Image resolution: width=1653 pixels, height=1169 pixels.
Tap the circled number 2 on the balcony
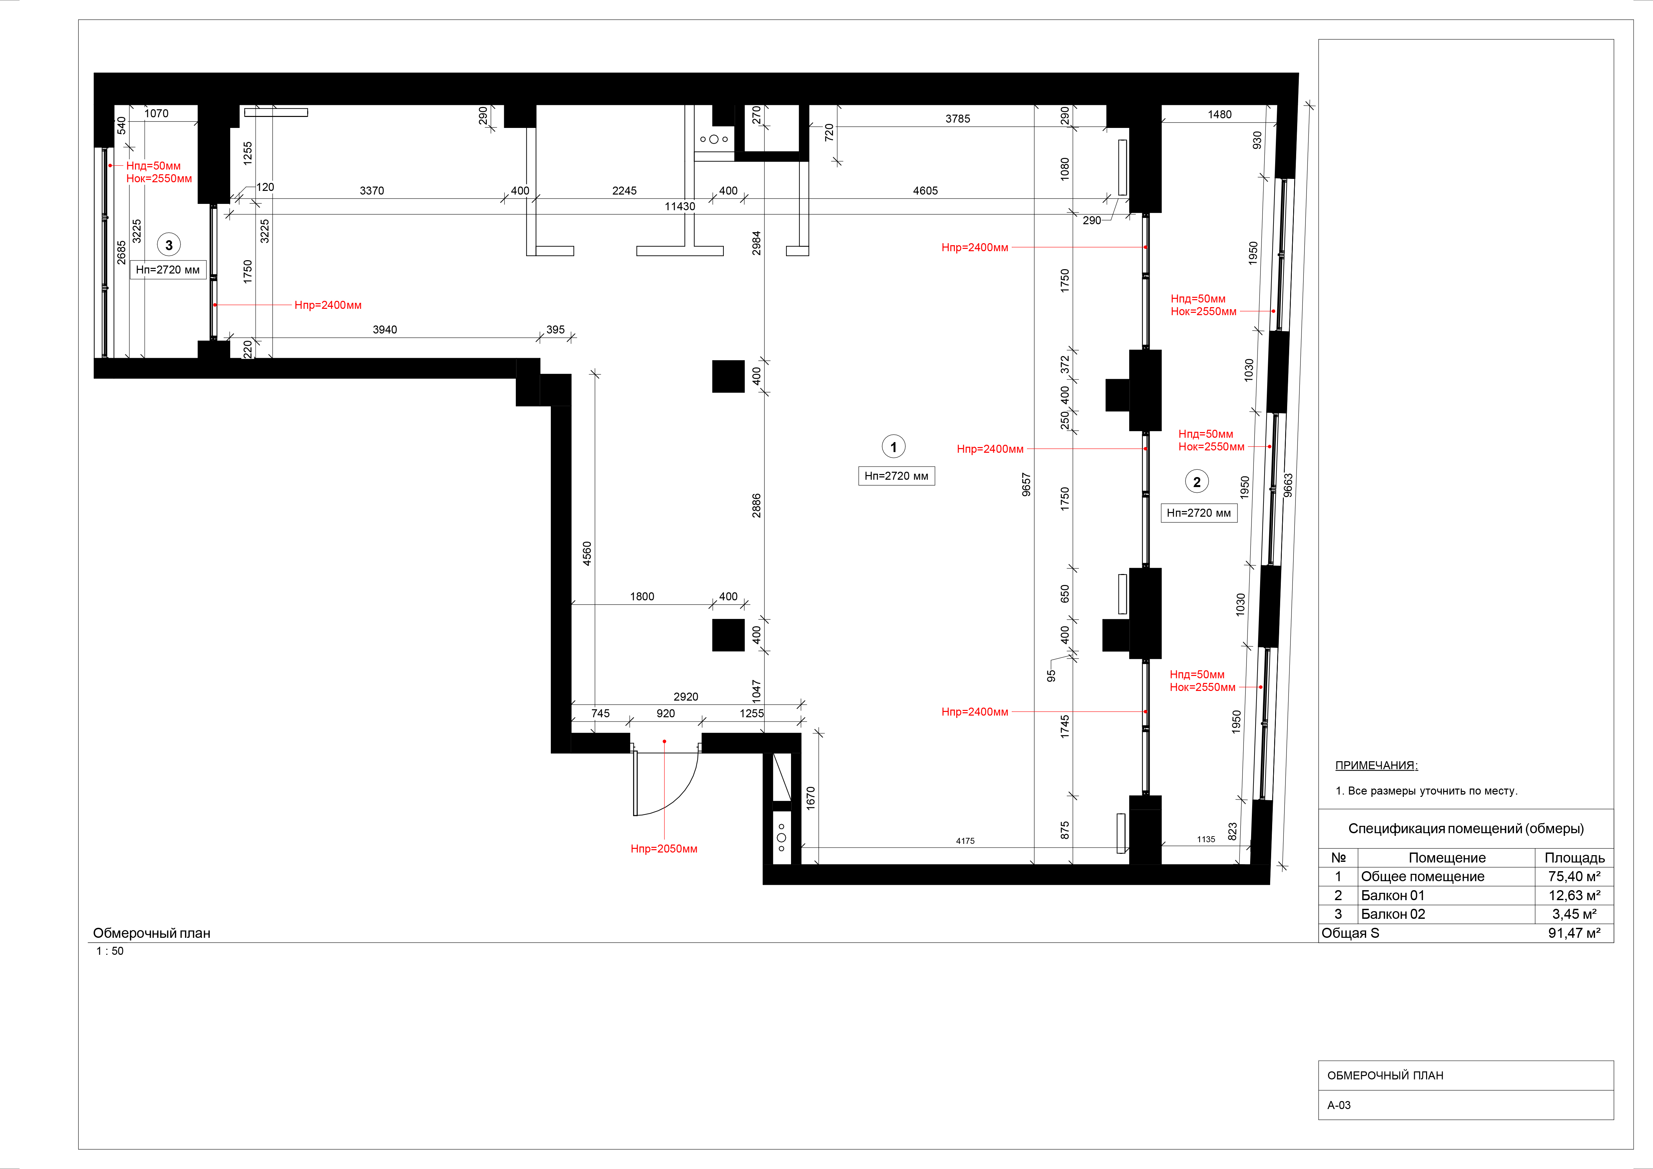point(1197,482)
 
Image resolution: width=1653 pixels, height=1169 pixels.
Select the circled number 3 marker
point(169,245)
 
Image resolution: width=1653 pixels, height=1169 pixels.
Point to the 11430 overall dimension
point(680,207)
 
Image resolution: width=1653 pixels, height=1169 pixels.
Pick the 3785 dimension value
point(958,119)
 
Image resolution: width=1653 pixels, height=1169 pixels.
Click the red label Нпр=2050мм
point(664,849)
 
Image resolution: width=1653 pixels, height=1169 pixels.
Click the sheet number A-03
point(1339,1105)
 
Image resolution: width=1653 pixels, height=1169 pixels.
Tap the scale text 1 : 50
point(110,951)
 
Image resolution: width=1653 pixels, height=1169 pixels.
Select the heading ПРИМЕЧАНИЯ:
point(1376,765)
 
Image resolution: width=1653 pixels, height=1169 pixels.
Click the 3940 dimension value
point(385,330)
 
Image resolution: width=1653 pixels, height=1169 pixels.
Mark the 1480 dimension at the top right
point(1220,115)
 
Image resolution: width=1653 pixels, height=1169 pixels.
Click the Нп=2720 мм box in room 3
point(168,270)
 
